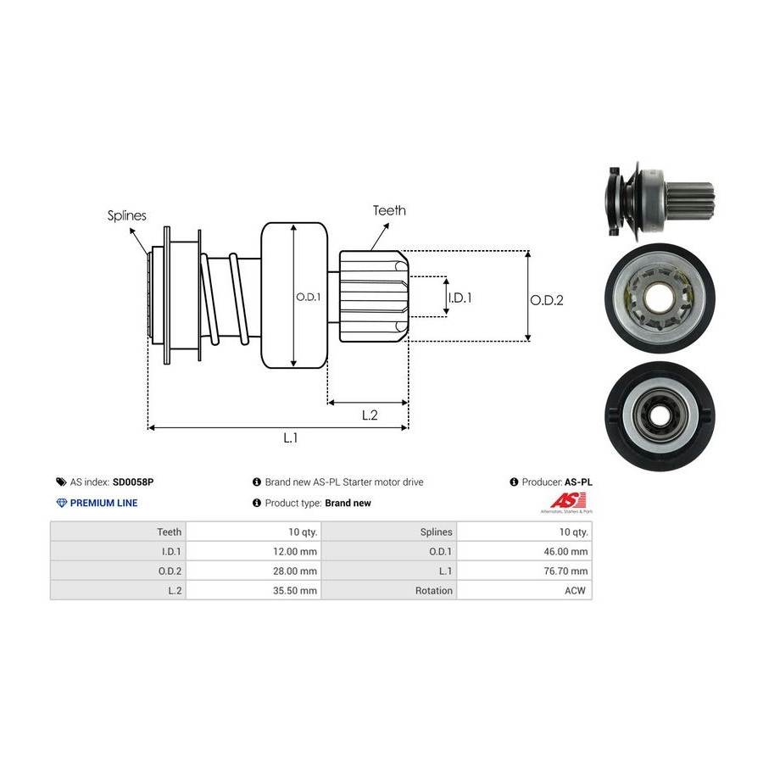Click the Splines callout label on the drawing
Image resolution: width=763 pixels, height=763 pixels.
pyautogui.click(x=126, y=215)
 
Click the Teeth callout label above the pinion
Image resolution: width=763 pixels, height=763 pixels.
pyautogui.click(x=389, y=210)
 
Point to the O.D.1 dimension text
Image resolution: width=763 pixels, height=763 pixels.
pyautogui.click(x=307, y=298)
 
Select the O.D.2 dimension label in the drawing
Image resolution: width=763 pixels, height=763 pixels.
pyautogui.click(x=547, y=299)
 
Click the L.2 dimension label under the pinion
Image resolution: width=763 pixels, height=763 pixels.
pyautogui.click(x=370, y=415)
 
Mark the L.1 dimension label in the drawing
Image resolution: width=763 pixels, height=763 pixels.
pyautogui.click(x=290, y=437)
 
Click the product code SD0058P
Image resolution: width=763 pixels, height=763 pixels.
pyautogui.click(x=133, y=482)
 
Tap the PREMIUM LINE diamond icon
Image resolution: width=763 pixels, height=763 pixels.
pyautogui.click(x=61, y=503)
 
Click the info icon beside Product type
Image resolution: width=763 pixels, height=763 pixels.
pyautogui.click(x=257, y=503)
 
